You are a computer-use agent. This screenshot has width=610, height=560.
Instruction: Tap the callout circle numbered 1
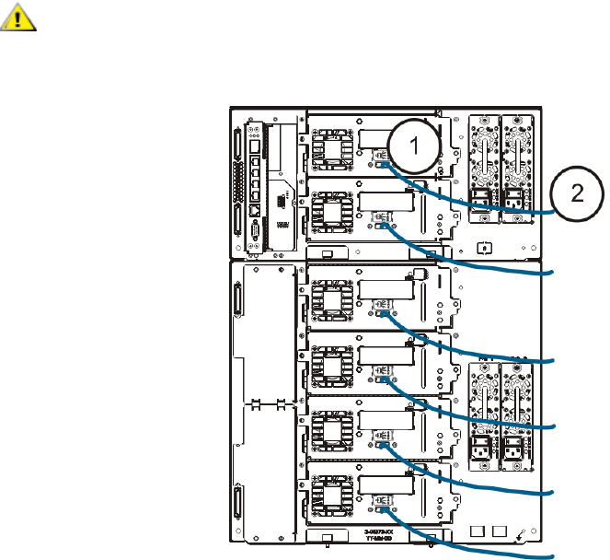pyautogui.click(x=414, y=145)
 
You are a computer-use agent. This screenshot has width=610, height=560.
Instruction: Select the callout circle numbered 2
pyautogui.click(x=577, y=192)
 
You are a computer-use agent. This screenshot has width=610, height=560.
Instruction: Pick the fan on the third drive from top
pyautogui.click(x=328, y=298)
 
